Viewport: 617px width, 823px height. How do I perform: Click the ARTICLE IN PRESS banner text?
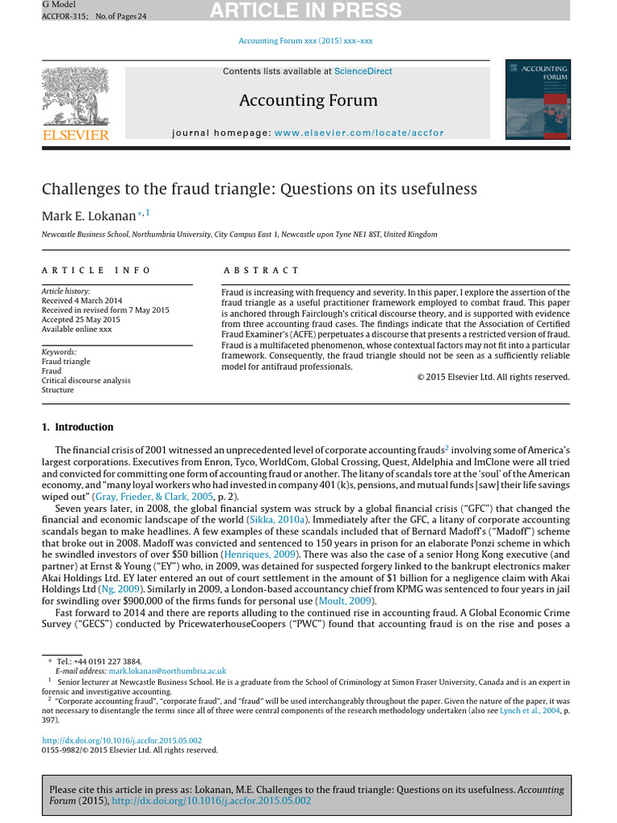tap(304, 10)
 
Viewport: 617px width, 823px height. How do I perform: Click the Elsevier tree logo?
tap(75, 96)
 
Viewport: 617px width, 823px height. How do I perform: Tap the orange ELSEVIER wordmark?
tap(75, 135)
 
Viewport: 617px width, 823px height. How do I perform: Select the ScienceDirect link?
tap(363, 72)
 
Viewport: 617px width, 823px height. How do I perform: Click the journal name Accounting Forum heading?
tap(308, 100)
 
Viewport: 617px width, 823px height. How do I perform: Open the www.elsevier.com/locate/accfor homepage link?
tap(358, 133)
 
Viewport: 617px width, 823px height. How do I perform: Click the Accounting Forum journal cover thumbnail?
tap(537, 100)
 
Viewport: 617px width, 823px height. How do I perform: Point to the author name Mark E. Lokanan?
tap(88, 215)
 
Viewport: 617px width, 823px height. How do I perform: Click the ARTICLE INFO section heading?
tap(96, 271)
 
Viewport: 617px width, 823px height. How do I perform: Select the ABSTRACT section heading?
tap(261, 271)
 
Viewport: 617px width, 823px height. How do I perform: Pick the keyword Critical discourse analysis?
tap(86, 380)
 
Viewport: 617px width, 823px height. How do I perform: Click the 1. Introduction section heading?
tap(78, 427)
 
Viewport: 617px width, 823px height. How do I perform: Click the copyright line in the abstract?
tap(493, 377)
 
